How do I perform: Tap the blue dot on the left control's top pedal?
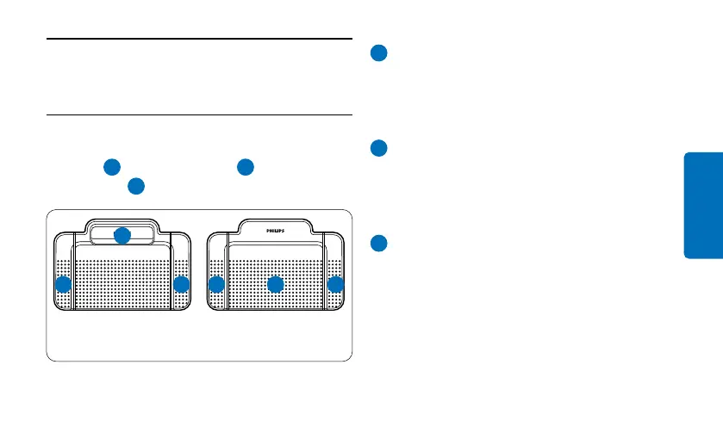122,234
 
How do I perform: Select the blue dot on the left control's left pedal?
63,284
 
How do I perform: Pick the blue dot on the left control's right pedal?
181,284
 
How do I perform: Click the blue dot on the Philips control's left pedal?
216,284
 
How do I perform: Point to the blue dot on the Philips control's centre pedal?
275,284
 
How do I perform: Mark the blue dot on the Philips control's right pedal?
335,284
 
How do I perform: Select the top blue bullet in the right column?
378,53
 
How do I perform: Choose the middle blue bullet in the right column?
378,148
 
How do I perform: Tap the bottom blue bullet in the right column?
378,244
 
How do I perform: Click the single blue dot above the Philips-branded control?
246,166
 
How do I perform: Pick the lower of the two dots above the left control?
135,185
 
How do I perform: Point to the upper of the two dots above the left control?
110,166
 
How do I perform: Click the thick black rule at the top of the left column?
199,38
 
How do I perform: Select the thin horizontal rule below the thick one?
199,114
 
